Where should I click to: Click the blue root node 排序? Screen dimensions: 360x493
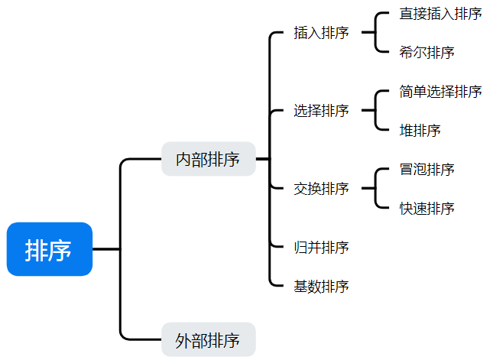(x=49, y=249)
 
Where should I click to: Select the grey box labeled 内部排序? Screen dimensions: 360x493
(x=208, y=159)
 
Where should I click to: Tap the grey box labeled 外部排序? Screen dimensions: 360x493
(x=208, y=340)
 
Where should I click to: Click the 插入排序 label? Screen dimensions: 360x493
(x=321, y=33)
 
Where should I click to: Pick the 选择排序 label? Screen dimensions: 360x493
(x=321, y=111)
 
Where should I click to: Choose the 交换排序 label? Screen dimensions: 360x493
(x=321, y=188)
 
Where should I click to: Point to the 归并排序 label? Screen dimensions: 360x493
(x=321, y=248)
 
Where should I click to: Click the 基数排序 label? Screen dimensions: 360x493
(x=321, y=287)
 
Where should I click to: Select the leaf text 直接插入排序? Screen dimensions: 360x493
(x=440, y=14)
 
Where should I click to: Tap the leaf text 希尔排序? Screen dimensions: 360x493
(x=427, y=53)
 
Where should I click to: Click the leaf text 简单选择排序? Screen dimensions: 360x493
(x=440, y=92)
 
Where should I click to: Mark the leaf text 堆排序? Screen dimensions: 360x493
(x=420, y=131)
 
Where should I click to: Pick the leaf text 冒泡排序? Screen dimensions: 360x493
(x=427, y=169)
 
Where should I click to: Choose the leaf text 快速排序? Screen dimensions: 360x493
(x=427, y=209)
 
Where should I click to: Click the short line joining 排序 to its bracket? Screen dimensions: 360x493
(x=106, y=249)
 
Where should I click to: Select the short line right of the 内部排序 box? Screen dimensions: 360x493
(x=262, y=159)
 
